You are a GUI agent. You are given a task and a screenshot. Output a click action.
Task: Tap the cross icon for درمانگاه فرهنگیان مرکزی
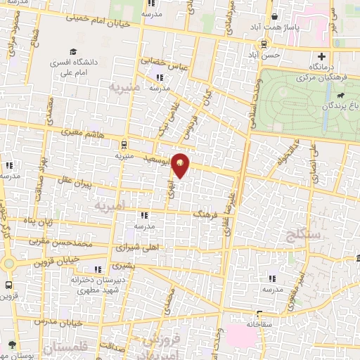[x=321, y=56]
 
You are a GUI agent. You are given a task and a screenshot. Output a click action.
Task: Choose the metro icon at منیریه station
[x=124, y=145]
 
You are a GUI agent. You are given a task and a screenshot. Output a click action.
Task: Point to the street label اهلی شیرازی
[x=137, y=248]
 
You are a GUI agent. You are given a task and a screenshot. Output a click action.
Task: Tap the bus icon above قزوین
[x=8, y=286]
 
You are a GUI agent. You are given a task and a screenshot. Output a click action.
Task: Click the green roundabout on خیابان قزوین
[x=9, y=264]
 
